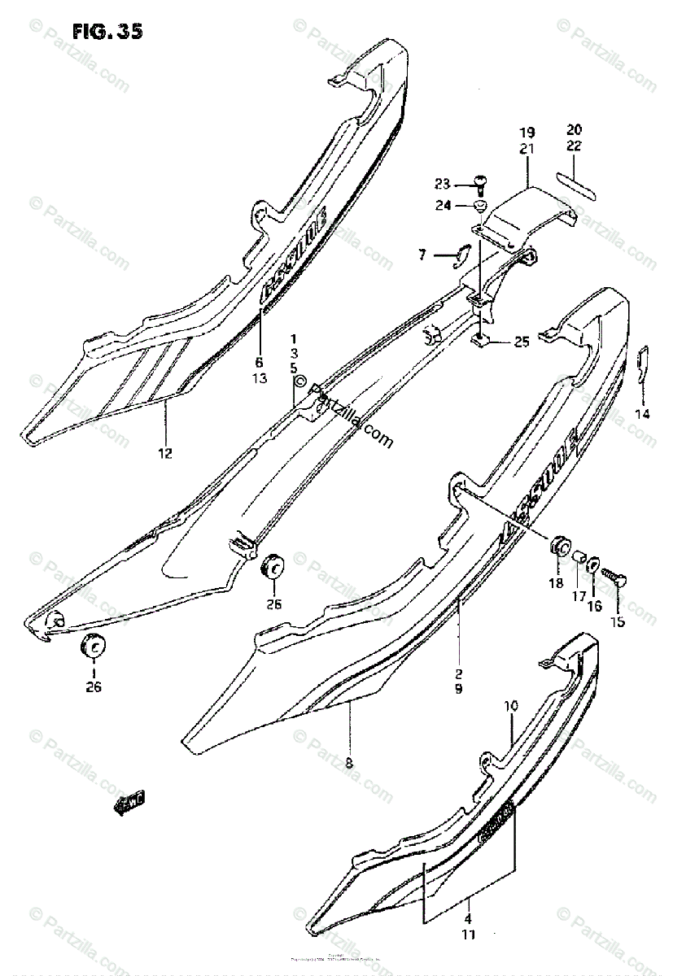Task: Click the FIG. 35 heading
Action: coord(107,32)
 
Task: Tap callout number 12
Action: coord(165,453)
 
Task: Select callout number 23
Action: coord(442,183)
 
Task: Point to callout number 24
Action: coord(442,206)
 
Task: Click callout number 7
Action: coord(422,255)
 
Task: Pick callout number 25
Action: coord(521,342)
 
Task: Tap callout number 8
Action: coord(348,763)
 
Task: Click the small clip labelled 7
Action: coord(461,255)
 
